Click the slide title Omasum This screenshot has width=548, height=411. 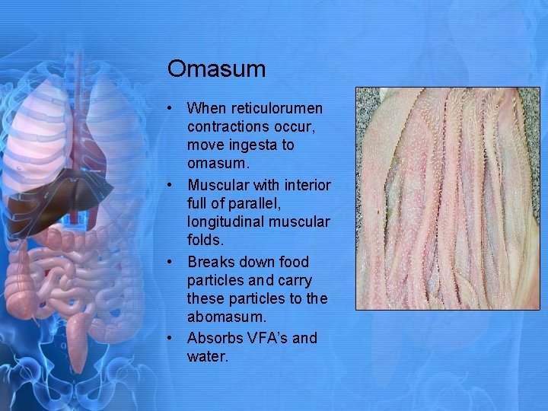click(x=216, y=69)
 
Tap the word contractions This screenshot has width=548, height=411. click(x=228, y=126)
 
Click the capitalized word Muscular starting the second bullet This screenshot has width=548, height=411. click(x=218, y=185)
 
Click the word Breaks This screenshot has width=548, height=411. click(x=210, y=262)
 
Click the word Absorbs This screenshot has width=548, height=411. click(x=213, y=338)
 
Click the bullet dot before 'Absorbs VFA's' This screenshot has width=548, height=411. click(x=174, y=339)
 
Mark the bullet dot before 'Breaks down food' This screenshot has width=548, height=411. click(x=174, y=263)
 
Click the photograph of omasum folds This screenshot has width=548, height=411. click(x=448, y=198)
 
